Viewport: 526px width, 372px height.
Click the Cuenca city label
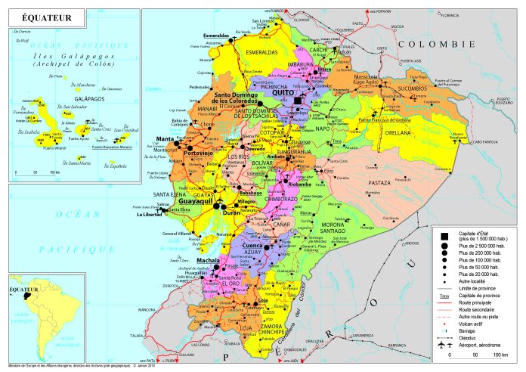pyautogui.click(x=251, y=246)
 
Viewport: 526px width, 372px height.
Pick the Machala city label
pyautogui.click(x=207, y=261)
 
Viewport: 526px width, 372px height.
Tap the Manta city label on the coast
pyautogui.click(x=165, y=138)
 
